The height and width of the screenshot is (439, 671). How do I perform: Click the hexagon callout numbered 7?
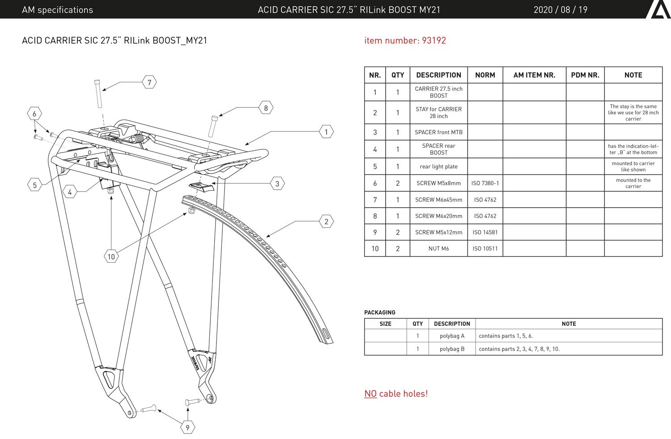pyautogui.click(x=149, y=82)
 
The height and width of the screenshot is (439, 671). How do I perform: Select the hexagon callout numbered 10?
pyautogui.click(x=111, y=256)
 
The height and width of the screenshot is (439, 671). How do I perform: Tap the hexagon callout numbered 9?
pyautogui.click(x=187, y=427)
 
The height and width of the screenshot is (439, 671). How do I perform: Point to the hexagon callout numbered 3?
pyautogui.click(x=277, y=183)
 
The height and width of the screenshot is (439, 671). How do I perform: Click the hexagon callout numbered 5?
pyautogui.click(x=35, y=185)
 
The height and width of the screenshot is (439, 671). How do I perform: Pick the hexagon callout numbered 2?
pyautogui.click(x=327, y=222)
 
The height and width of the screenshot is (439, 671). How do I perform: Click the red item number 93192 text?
pyautogui.click(x=405, y=40)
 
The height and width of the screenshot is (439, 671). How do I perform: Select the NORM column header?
pyautogui.click(x=485, y=75)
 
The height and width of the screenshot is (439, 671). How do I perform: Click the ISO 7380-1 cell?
pyautogui.click(x=485, y=183)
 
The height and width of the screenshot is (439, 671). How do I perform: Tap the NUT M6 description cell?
pyautogui.click(x=438, y=248)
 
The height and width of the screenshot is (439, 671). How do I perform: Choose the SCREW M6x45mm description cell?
pyautogui.click(x=438, y=200)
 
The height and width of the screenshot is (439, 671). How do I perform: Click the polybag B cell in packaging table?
pyautogui.click(x=452, y=349)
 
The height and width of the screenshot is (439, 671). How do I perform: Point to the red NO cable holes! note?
pyautogui.click(x=396, y=394)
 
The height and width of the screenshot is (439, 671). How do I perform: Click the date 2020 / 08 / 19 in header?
pyautogui.click(x=560, y=10)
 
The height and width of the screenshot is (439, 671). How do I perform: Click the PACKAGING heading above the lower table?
pyautogui.click(x=380, y=312)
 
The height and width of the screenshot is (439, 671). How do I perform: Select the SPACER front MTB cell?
pyautogui.click(x=438, y=132)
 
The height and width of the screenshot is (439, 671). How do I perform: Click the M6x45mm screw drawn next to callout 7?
pyautogui.click(x=98, y=94)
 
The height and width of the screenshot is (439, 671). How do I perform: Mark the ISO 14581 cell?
pyautogui.click(x=485, y=232)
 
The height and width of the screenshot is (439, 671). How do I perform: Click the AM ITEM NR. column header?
pyautogui.click(x=534, y=75)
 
